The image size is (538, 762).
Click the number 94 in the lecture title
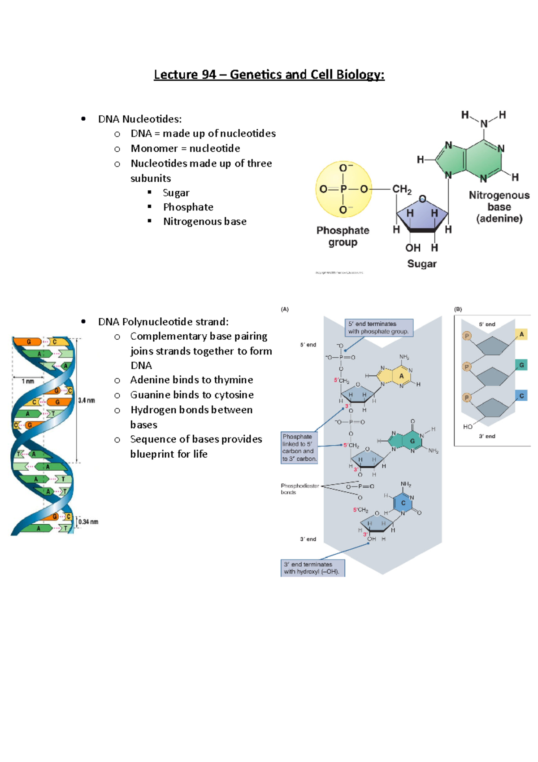click(x=209, y=74)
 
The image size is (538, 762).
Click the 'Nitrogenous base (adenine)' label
click(x=499, y=207)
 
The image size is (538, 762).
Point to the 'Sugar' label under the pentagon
click(x=421, y=264)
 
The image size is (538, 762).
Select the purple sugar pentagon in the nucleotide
click(x=422, y=215)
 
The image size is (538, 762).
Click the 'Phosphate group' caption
click(x=343, y=236)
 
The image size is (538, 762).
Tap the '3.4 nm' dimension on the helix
click(x=87, y=400)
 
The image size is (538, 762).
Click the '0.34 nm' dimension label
click(x=88, y=522)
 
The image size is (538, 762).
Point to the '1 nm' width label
click(x=28, y=381)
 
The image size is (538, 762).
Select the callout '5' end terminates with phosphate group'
click(x=379, y=328)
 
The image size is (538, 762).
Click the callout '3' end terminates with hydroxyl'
click(x=312, y=568)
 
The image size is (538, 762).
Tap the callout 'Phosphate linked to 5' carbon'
click(x=299, y=447)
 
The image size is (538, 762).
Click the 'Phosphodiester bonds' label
click(x=299, y=489)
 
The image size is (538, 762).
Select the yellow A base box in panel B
click(x=521, y=334)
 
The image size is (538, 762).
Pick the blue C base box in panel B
click(x=521, y=396)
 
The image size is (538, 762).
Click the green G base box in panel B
click(x=521, y=365)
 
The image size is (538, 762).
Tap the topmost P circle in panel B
click(x=467, y=336)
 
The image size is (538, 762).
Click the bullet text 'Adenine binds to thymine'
click(x=191, y=380)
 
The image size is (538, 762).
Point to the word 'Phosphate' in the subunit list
click(x=188, y=207)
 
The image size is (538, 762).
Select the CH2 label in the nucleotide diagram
click(x=402, y=189)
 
